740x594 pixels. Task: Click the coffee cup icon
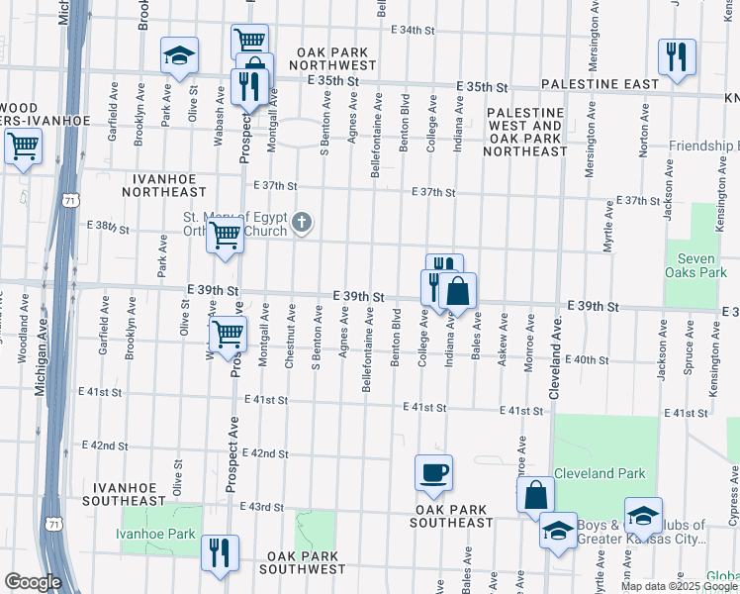pos(432,472)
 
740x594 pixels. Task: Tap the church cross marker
pos(303,225)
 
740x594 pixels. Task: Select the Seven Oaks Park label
pos(703,265)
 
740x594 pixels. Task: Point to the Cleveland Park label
pos(599,473)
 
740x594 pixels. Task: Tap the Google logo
pos(33,582)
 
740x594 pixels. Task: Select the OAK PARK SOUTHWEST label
pos(303,569)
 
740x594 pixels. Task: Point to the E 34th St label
pos(413,30)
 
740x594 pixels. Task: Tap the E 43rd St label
pos(262,507)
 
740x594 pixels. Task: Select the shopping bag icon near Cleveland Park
pos(535,496)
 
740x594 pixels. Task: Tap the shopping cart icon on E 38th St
pos(226,237)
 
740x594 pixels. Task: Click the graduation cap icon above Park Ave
pos(179,56)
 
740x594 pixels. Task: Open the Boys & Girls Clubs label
pos(644,533)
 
